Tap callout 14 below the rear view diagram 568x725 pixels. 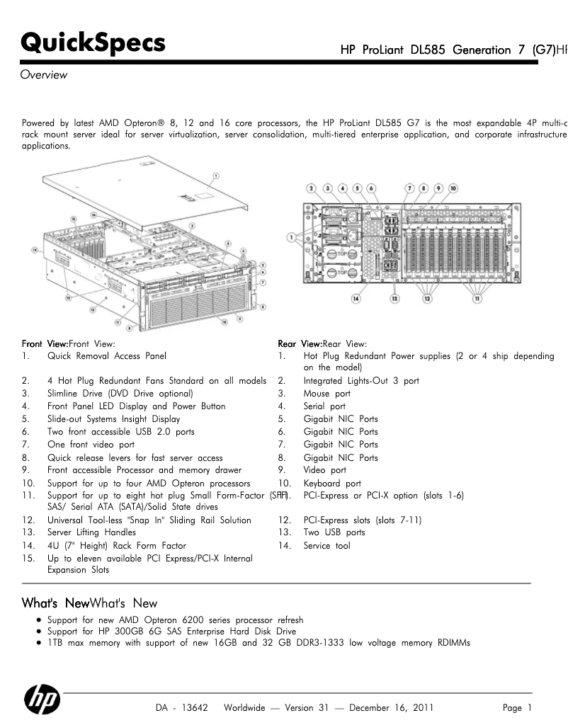(364, 299)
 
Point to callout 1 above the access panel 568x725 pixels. (215, 175)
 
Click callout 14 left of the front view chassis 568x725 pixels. (34, 250)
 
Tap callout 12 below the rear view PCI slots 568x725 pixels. (427, 299)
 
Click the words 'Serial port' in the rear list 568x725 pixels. (324, 406)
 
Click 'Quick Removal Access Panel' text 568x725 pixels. (107, 356)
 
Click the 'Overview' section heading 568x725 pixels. (44, 74)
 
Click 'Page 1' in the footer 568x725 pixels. (516, 708)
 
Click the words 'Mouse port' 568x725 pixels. (326, 394)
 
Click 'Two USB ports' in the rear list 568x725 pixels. (334, 532)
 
